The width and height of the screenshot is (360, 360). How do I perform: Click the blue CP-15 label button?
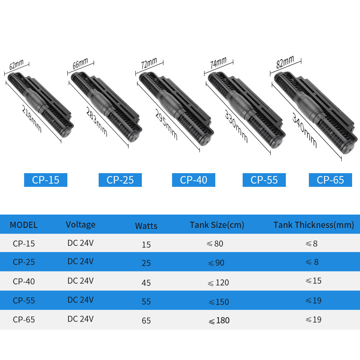coord(45,180)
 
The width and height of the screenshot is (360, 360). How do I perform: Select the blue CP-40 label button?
coord(194,180)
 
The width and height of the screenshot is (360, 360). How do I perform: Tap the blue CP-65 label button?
coord(330,180)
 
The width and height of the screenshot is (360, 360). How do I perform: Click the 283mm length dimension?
coord(97,121)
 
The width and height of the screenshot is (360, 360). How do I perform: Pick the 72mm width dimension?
coord(149,64)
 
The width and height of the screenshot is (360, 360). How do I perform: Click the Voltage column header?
coord(81,225)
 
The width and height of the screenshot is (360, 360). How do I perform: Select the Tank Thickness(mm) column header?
coord(314,225)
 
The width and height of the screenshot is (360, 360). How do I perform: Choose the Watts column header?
coord(146,226)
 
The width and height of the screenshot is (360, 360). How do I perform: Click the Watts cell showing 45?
coord(146,283)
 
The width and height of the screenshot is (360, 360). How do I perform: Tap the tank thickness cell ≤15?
coord(313,280)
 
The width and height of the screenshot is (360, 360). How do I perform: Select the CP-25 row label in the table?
coord(24,262)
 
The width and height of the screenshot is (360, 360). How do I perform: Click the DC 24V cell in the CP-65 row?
coord(80,319)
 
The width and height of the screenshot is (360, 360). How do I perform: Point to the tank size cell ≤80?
coord(215,244)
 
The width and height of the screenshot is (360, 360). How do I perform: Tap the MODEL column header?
coord(24,225)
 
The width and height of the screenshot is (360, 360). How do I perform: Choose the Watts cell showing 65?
coord(146,320)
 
